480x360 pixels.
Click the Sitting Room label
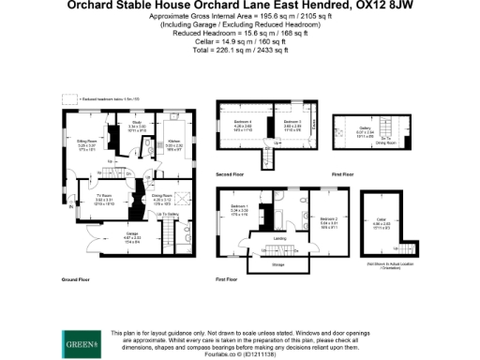tap(88, 143)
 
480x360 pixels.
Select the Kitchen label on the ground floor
tap(173, 143)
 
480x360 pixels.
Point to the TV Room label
tap(103, 198)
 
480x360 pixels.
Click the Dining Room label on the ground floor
tap(161, 196)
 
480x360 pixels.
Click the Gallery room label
tap(365, 132)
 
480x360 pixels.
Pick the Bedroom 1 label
tap(239, 207)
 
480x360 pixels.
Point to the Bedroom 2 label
tap(328, 220)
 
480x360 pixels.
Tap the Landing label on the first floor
tap(279, 238)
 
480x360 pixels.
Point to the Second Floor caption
tap(232, 174)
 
